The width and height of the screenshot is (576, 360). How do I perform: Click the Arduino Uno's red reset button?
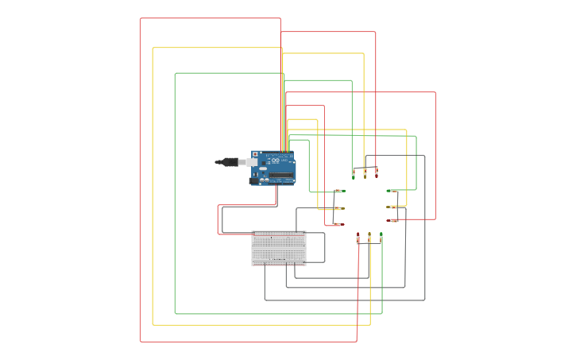pyautogui.click(x=255, y=153)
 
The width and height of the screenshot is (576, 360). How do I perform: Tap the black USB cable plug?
pyautogui.click(x=231, y=162)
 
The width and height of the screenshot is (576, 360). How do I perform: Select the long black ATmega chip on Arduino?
pyautogui.click(x=280, y=174)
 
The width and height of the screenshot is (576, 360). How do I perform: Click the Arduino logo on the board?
pyautogui.click(x=276, y=161)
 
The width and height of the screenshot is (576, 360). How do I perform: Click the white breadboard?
pyautogui.click(x=279, y=248)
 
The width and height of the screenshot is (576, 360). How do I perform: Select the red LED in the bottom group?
pyautogui.click(x=358, y=238)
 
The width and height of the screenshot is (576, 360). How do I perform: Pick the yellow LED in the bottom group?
pyautogui.click(x=369, y=238)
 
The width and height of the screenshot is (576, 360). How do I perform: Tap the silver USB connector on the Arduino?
pyautogui.click(x=252, y=162)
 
